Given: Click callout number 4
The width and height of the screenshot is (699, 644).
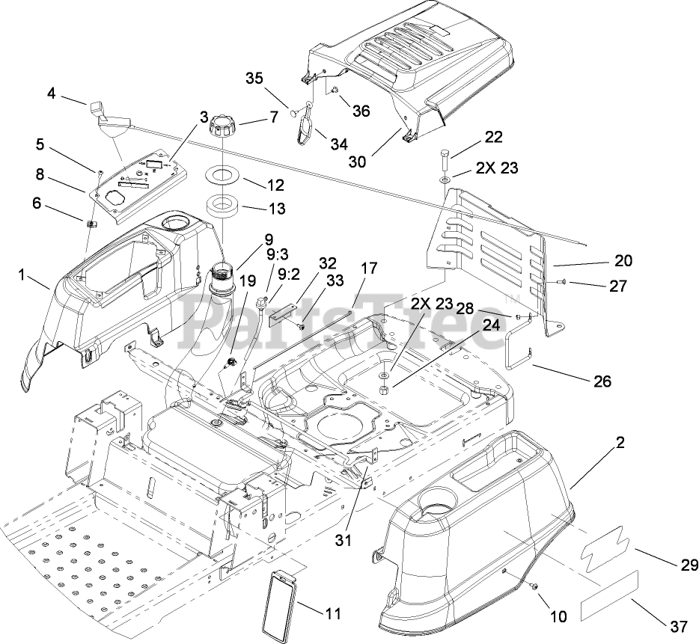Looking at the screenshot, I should click(51, 93).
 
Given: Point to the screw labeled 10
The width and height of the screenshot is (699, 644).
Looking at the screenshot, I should click(535, 587).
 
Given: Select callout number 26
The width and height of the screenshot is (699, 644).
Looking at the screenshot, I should click(602, 381).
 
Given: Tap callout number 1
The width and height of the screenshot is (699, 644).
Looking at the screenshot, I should click(23, 276).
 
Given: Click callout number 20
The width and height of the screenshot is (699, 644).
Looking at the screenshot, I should click(623, 260).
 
